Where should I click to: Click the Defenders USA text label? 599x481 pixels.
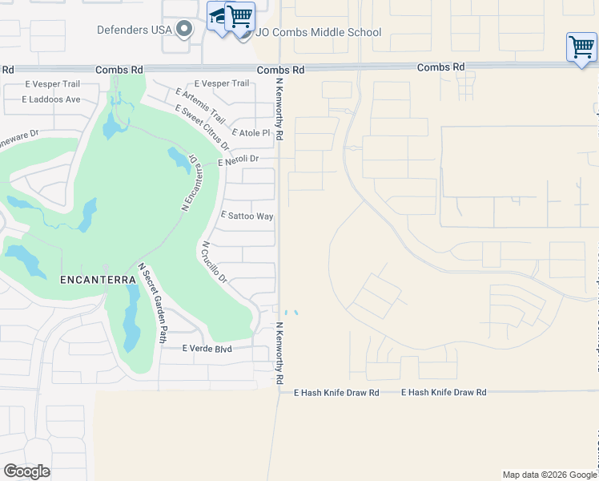[x=134, y=30]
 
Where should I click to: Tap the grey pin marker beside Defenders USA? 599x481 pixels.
[x=185, y=30]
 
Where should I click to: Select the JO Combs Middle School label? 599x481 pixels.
[x=319, y=33]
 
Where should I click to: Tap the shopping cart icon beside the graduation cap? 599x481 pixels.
[x=239, y=16]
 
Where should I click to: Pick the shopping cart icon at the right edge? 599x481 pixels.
[x=581, y=46]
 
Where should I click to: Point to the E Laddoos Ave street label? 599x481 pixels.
[x=51, y=99]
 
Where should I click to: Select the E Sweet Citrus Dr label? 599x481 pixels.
[x=202, y=127]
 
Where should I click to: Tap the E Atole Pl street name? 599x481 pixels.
[x=251, y=133]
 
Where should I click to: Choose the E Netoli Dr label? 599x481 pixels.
[x=239, y=159]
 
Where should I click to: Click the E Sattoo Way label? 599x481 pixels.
[x=247, y=216]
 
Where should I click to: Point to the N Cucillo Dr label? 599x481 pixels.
[x=215, y=262]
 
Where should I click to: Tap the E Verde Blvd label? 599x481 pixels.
[x=207, y=349]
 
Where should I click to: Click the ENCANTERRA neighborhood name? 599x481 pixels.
[x=91, y=280]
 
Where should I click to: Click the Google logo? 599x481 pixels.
[x=26, y=471]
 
